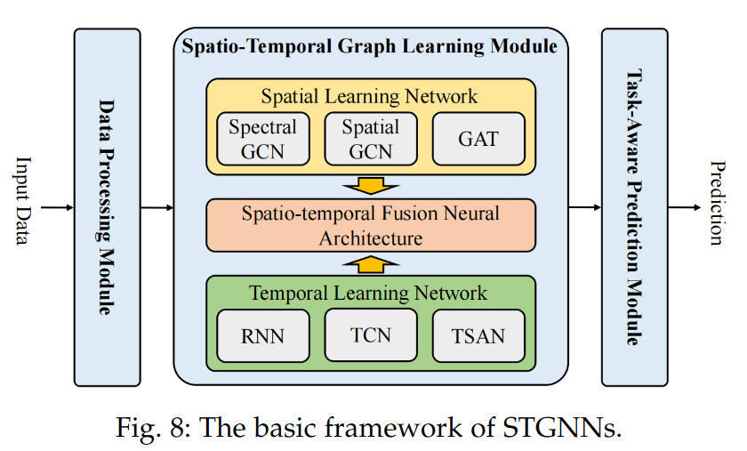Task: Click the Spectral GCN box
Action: click(262, 138)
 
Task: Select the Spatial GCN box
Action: click(371, 138)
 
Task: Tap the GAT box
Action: click(478, 138)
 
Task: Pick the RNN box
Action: click(262, 336)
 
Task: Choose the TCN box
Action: click(371, 336)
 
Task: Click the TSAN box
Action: click(478, 336)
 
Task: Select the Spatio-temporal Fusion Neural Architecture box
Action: click(371, 225)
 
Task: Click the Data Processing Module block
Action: click(107, 207)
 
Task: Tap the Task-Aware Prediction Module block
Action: click(634, 207)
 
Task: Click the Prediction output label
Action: click(718, 203)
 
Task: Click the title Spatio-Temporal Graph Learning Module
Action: click(370, 46)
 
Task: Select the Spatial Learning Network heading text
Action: click(369, 96)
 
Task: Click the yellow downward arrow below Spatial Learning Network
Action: click(371, 185)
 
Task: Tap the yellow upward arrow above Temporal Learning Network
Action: click(371, 264)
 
